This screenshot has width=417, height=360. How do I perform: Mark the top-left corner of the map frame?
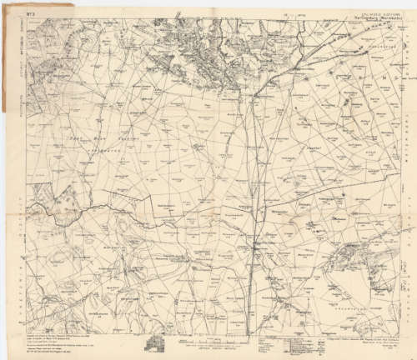[23, 18]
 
